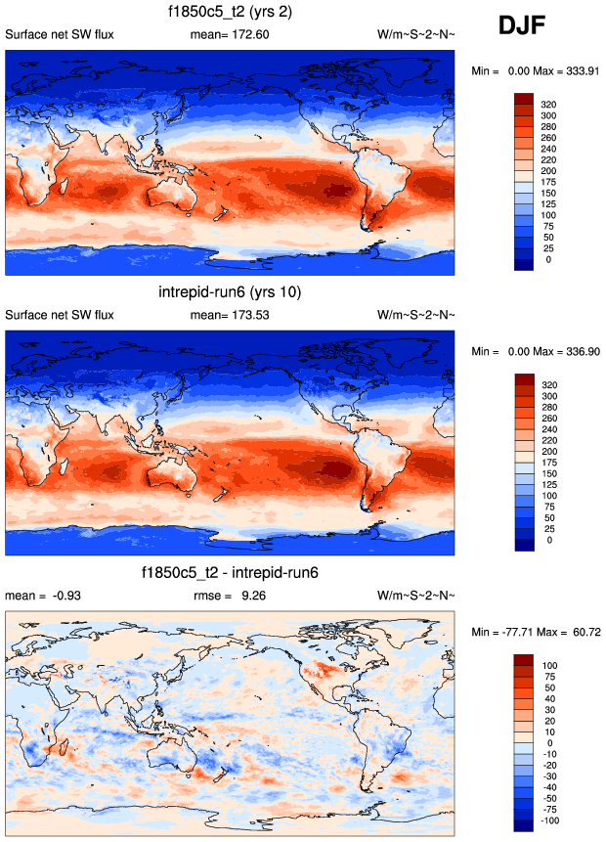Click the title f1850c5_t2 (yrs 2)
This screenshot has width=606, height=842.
point(231,13)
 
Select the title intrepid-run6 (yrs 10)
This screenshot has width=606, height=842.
point(231,292)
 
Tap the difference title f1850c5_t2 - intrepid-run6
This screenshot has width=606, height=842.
point(231,572)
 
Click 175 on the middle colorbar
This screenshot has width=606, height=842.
point(553,461)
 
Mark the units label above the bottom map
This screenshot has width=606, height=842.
point(415,595)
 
